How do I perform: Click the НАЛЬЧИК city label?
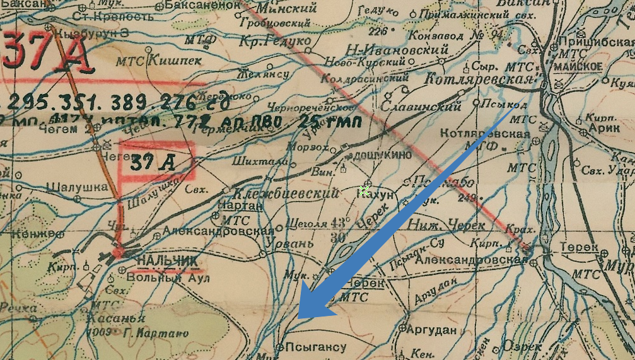(158, 261)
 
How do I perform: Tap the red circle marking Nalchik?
(118, 253)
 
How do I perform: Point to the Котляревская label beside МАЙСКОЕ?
(479, 79)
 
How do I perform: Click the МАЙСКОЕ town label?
(578, 67)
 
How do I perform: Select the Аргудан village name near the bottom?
(431, 330)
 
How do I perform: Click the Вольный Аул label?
(168, 277)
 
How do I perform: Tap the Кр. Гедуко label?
(275, 41)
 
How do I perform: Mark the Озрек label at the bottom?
(522, 347)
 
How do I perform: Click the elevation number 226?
(378, 31)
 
